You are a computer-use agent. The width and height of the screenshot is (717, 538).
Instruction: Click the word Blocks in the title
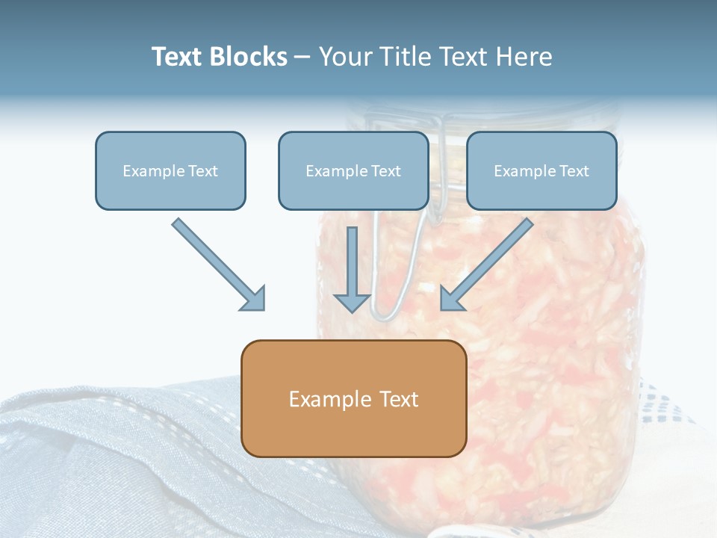click(x=249, y=57)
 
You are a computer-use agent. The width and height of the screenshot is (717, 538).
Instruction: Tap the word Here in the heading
click(x=524, y=57)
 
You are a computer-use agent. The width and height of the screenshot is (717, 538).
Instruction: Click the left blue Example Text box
click(x=170, y=170)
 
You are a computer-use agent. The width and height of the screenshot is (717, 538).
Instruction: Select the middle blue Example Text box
click(x=353, y=170)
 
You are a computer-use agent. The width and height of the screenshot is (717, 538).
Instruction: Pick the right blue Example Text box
click(x=542, y=170)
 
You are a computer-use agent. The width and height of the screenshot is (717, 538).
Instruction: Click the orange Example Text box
click(x=354, y=398)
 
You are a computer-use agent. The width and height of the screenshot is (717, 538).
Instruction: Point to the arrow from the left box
click(x=219, y=265)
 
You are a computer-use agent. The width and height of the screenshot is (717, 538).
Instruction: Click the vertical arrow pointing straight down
click(x=352, y=270)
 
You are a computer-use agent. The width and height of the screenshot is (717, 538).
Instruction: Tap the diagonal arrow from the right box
click(x=486, y=265)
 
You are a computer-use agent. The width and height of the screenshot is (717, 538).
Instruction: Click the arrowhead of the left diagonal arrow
click(x=254, y=300)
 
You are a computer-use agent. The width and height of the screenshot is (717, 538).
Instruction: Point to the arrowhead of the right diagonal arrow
click(x=451, y=300)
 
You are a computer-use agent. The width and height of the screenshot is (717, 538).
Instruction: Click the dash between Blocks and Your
click(x=302, y=58)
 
